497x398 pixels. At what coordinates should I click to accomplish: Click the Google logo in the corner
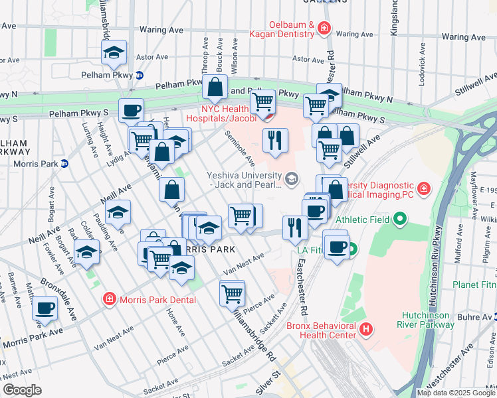[x=23, y=390]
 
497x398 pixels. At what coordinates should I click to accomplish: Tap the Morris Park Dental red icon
[x=109, y=300]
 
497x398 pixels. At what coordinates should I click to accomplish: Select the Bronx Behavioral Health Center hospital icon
[x=365, y=328]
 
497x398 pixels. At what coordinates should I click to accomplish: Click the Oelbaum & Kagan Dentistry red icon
[x=324, y=28]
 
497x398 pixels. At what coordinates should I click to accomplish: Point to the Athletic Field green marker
[x=399, y=218]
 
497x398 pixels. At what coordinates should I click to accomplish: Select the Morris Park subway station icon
[x=64, y=163]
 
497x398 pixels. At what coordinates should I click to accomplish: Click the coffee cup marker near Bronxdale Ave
[x=45, y=308]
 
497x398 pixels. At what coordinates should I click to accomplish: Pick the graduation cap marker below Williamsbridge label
[x=114, y=52]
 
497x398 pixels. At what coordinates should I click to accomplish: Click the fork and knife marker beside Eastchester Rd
[x=294, y=228]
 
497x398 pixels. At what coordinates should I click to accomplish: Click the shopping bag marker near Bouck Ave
[x=216, y=86]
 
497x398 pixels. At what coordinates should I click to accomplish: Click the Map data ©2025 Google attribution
[x=456, y=393]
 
